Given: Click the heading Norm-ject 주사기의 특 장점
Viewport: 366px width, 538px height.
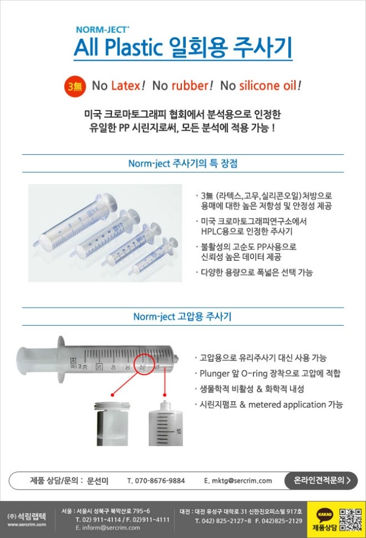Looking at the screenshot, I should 183,163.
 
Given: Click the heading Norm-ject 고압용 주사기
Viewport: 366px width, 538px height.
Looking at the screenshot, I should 183,317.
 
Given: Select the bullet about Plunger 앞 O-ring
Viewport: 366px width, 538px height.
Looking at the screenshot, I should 270,374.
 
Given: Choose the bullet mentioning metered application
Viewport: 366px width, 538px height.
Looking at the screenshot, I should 271,404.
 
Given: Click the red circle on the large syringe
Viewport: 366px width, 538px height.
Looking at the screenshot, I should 145,365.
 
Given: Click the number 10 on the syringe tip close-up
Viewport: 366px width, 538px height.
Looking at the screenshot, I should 178,432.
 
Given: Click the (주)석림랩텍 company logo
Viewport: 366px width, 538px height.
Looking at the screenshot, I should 27,516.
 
